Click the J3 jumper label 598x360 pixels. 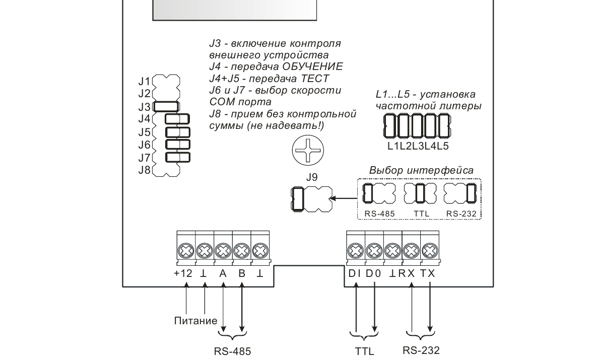[x=145, y=106]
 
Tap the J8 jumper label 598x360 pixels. [x=145, y=170]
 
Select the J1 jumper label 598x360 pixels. [x=145, y=81]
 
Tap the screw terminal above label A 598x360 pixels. [x=223, y=250]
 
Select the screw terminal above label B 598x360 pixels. [x=242, y=250]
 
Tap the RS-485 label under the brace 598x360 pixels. [x=233, y=350]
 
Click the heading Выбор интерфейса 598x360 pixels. [x=421, y=170]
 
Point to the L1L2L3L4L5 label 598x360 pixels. [x=418, y=147]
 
